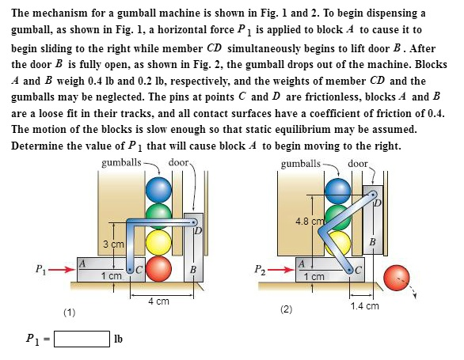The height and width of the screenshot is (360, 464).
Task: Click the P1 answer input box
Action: click(82, 341)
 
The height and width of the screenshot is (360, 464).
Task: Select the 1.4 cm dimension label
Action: click(367, 305)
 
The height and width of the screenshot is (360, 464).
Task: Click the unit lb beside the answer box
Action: click(119, 341)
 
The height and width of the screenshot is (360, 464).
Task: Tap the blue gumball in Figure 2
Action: click(339, 189)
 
